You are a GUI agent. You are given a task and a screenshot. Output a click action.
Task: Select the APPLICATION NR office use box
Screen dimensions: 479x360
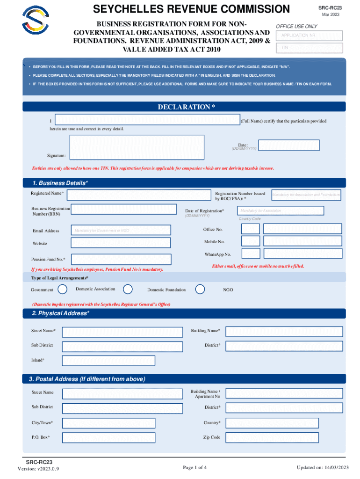coord(310,36)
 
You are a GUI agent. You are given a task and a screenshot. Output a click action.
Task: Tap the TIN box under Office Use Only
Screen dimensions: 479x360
coord(310,48)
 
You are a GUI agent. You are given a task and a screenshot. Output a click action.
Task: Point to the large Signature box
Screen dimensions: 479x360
coord(137,147)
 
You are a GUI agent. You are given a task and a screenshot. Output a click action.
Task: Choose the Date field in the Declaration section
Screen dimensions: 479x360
coord(289,145)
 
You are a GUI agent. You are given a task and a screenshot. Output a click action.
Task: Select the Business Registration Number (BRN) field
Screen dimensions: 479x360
coord(124,210)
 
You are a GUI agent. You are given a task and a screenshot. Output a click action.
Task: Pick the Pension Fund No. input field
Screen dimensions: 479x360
coord(124,259)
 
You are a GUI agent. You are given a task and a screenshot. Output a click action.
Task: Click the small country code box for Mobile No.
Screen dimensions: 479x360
coord(251,241)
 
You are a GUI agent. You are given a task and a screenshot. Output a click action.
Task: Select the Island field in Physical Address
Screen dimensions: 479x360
coord(122,361)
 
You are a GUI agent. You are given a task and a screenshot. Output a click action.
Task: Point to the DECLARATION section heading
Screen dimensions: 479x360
coord(186,107)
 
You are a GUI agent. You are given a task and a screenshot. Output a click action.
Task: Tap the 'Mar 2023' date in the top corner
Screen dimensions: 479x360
coord(331,15)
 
